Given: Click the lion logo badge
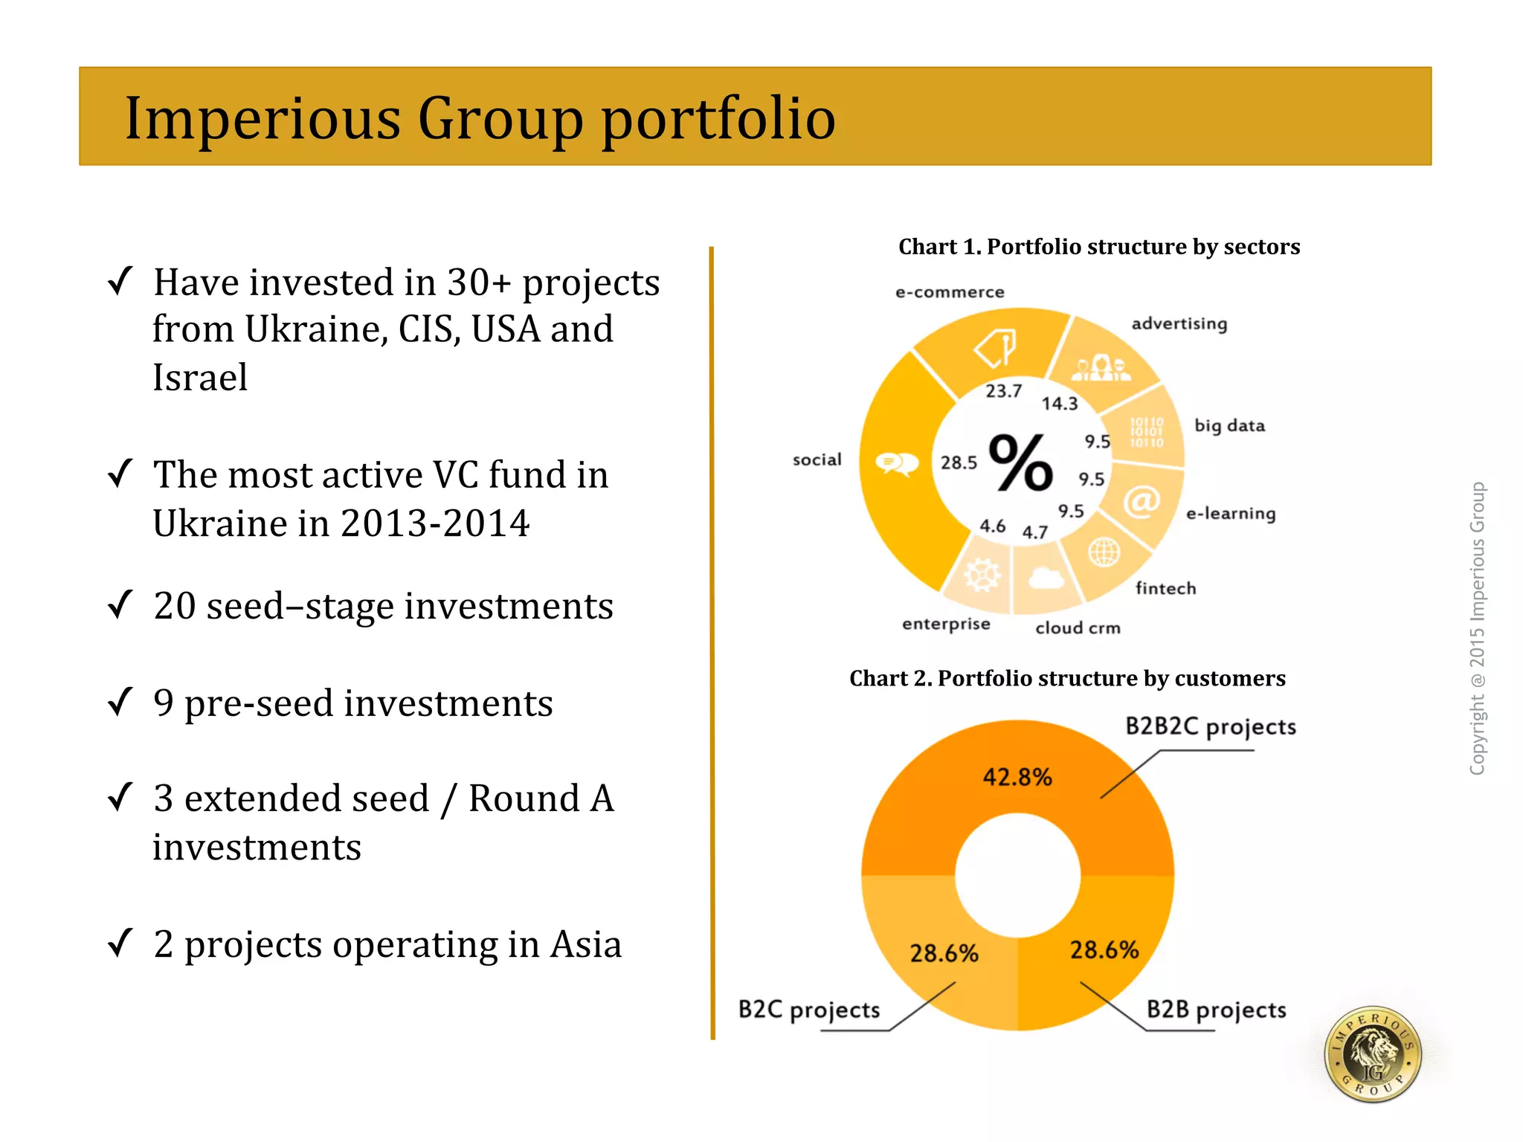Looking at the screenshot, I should tap(1373, 1054).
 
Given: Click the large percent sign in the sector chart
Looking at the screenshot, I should tap(1020, 462).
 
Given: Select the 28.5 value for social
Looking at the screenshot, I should tap(959, 462).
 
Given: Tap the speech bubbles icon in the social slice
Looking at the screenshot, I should tap(896, 464).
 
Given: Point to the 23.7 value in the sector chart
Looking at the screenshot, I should tap(1003, 391).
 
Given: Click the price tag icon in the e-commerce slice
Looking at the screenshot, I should tap(996, 346).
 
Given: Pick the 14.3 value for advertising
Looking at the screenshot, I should tap(1059, 404).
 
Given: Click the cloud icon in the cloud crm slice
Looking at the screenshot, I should tap(1046, 578).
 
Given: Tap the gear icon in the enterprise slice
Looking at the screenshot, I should tap(982, 574).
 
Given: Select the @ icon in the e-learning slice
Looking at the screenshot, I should tap(1141, 501).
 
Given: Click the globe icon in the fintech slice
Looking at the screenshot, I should tap(1104, 552).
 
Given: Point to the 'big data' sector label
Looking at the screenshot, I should tap(1229, 426).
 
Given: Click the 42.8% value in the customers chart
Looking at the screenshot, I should tap(1017, 778).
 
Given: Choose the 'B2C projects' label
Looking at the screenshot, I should tap(808, 1010).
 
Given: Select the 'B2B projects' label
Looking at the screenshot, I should tap(1216, 1010).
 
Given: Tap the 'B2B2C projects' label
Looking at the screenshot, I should tap(1210, 726).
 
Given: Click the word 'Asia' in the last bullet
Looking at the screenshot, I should tap(585, 945).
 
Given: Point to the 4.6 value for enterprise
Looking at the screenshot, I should tap(992, 526).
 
